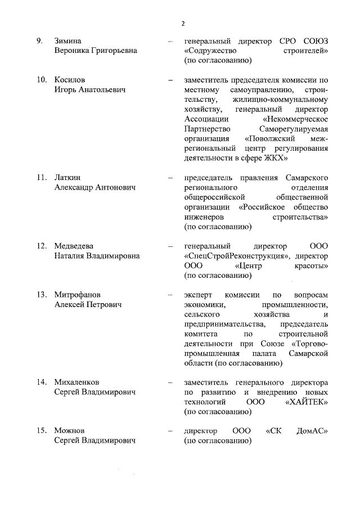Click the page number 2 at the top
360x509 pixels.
pyautogui.click(x=183, y=23)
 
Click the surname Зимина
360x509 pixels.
pyautogui.click(x=68, y=41)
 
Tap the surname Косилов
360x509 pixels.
pyautogui.click(x=70, y=80)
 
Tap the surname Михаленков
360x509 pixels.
pyautogui.click(x=77, y=382)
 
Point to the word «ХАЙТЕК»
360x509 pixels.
pyautogui.click(x=307, y=402)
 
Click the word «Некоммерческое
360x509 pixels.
pyautogui.click(x=295, y=119)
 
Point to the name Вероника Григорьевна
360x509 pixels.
pyautogui.click(x=96, y=51)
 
